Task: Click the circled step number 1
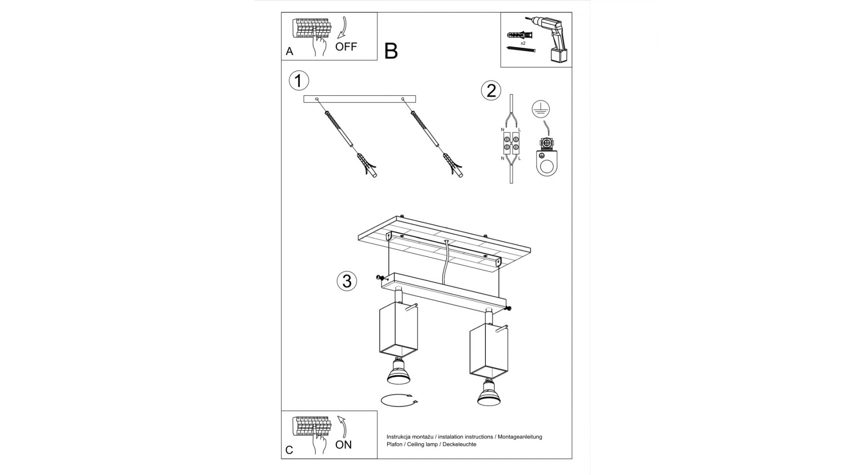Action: point(299,81)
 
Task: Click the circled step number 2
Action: point(491,90)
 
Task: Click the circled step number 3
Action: point(347,281)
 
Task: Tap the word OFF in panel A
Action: point(346,47)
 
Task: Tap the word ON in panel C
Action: point(343,445)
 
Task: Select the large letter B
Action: point(391,51)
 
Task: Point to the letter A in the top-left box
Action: point(289,51)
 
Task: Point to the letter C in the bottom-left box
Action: point(289,450)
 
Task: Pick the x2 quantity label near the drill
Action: point(523,44)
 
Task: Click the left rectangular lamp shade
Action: point(398,329)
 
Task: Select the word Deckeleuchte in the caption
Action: point(459,444)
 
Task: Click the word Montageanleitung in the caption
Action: point(520,437)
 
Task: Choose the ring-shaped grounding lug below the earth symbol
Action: point(547,163)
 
